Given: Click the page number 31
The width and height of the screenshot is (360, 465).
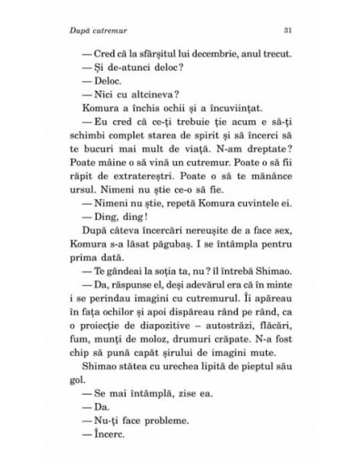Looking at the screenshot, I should pyautogui.click(x=289, y=31).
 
